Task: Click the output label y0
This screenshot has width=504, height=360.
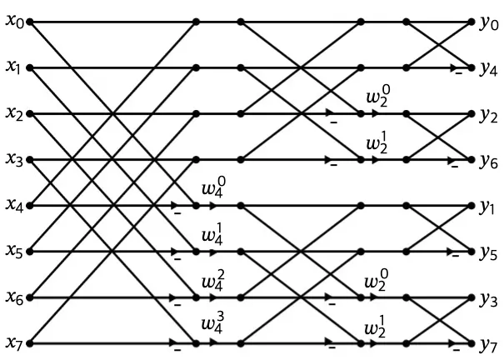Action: click(488, 22)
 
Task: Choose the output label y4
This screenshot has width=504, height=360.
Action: click(488, 68)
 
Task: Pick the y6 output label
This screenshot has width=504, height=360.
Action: click(488, 160)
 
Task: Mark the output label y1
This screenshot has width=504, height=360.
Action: click(488, 206)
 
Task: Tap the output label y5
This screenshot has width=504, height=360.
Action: click(488, 252)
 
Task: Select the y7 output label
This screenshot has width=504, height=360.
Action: click(488, 343)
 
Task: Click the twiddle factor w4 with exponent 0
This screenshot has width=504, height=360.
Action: click(212, 191)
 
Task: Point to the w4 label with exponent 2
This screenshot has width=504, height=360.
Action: click(212, 282)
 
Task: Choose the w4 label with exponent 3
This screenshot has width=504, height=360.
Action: click(212, 328)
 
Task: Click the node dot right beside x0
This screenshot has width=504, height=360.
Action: click(29, 22)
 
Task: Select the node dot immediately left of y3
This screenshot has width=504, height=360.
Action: click(472, 297)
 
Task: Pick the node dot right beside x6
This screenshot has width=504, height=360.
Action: click(29, 297)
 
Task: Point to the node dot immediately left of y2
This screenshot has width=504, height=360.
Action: click(472, 113)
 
